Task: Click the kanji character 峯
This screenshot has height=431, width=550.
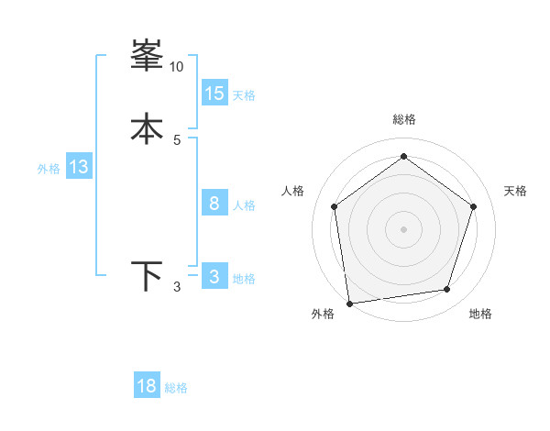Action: [147, 57]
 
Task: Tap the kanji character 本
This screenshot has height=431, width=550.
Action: [147, 128]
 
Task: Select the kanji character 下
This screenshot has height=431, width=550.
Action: [147, 275]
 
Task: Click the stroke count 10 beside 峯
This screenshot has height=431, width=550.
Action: [176, 67]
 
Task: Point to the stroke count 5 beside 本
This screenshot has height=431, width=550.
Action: [177, 139]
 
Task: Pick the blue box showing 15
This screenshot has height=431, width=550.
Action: [214, 93]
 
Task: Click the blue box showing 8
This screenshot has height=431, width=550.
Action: [214, 203]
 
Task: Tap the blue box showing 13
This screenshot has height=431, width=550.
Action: [79, 167]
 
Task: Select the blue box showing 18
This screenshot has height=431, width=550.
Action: [147, 386]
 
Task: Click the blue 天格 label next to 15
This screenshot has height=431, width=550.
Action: [244, 95]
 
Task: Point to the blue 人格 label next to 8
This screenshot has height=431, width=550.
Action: [245, 205]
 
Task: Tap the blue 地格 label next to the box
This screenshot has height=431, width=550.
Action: [244, 279]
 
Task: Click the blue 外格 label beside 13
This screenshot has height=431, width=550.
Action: [49, 169]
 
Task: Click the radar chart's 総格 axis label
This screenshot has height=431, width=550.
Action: [403, 119]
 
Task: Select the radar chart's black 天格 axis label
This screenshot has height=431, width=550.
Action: [516, 191]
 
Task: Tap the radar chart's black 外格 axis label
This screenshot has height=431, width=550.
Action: [323, 315]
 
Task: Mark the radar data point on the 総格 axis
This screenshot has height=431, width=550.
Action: [403, 157]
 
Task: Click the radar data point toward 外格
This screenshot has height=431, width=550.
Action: [349, 302]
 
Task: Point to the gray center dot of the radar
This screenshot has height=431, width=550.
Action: [403, 228]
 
